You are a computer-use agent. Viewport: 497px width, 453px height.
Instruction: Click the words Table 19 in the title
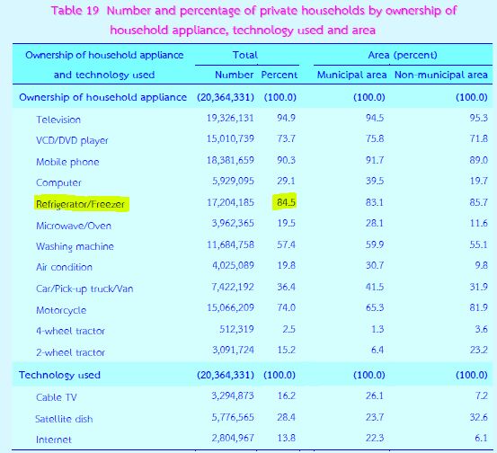[x=75, y=11]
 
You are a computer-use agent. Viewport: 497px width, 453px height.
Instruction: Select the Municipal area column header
[x=351, y=75]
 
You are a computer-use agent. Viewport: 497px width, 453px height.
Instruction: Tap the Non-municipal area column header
[x=441, y=75]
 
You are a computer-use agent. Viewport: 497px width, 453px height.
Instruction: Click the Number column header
[x=235, y=75]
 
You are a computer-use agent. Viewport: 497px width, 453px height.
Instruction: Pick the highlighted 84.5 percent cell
[x=286, y=202]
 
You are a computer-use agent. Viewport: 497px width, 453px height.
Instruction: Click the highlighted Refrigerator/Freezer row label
[x=81, y=204]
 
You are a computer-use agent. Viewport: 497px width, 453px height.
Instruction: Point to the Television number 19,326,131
[x=230, y=119]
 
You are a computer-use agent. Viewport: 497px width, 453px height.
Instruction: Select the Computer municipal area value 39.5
[x=375, y=181]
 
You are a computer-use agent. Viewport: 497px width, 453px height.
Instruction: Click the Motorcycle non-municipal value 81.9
[x=479, y=307]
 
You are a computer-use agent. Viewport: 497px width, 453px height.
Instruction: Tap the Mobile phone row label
[x=67, y=162]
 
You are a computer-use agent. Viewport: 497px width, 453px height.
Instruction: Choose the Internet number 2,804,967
[x=233, y=438]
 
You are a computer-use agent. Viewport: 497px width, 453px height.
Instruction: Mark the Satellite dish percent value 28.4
[x=286, y=417]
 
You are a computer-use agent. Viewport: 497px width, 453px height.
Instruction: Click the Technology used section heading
[x=59, y=375]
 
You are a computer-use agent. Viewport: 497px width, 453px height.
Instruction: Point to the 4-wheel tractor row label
[x=70, y=332]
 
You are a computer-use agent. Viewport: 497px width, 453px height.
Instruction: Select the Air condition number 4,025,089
[x=233, y=266]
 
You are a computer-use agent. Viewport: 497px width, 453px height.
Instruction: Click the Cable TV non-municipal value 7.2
[x=481, y=396]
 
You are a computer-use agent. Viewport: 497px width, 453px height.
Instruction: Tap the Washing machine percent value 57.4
[x=286, y=244]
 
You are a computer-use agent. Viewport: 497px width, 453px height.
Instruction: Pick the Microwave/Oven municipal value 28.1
[x=375, y=223]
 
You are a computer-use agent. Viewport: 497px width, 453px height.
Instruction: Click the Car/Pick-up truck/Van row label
[x=84, y=289]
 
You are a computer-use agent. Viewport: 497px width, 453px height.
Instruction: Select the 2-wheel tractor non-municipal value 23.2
[x=479, y=350]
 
